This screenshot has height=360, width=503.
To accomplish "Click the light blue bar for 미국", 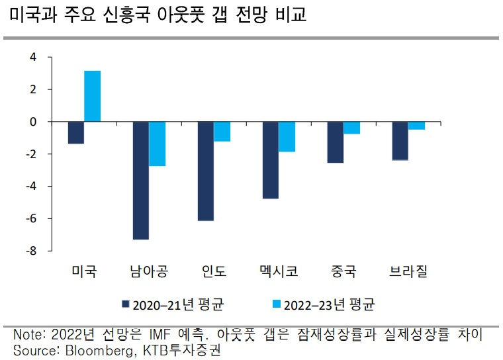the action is [x=93, y=96].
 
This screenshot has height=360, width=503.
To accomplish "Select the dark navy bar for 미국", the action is [x=76, y=132].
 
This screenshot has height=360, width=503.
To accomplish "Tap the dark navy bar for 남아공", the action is [x=141, y=181].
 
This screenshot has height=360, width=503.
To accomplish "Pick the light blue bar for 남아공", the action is [x=158, y=144].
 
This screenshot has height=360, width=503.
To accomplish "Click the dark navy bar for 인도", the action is [x=206, y=171].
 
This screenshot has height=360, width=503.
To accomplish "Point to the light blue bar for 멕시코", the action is [x=287, y=137].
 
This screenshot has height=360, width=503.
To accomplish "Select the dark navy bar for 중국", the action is [x=336, y=142].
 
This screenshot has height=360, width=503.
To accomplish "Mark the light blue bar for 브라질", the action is [x=416, y=126].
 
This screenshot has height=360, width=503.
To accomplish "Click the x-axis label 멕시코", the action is [x=279, y=271].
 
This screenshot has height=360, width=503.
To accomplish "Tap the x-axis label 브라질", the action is [x=408, y=271].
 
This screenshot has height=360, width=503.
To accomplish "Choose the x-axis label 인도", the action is [x=214, y=271].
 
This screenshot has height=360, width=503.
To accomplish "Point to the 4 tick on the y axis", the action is [x=33, y=57].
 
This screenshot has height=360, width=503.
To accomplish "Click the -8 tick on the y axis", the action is [x=31, y=251].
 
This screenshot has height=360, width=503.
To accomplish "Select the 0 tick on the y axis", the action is [x=33, y=122].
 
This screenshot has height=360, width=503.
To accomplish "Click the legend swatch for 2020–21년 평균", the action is [x=126, y=304].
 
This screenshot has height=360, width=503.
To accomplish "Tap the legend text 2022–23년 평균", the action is [x=329, y=305].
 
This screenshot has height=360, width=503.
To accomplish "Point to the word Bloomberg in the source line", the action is [x=99, y=350].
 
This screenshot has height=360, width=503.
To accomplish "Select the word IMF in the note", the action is [x=160, y=335].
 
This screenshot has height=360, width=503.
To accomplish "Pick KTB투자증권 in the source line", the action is [x=181, y=350].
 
